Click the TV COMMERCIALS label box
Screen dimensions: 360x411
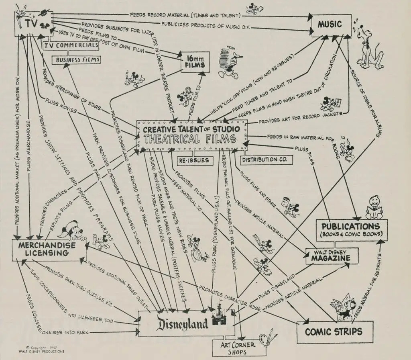[x=71, y=46]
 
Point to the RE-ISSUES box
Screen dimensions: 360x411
[x=194, y=160]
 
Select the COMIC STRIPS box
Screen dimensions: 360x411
[x=334, y=331]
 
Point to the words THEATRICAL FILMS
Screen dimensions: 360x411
[x=192, y=139]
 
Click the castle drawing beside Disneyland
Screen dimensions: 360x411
[x=219, y=316]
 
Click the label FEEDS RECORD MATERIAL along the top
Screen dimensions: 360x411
[x=185, y=15]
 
